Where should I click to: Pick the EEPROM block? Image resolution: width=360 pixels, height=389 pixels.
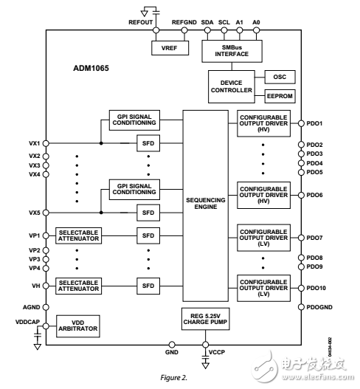(x=279, y=95)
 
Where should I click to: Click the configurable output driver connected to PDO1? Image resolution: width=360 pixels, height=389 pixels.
(x=264, y=123)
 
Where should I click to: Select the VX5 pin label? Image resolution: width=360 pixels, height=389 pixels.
(x=35, y=213)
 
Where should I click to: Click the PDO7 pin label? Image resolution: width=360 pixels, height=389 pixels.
(x=316, y=238)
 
